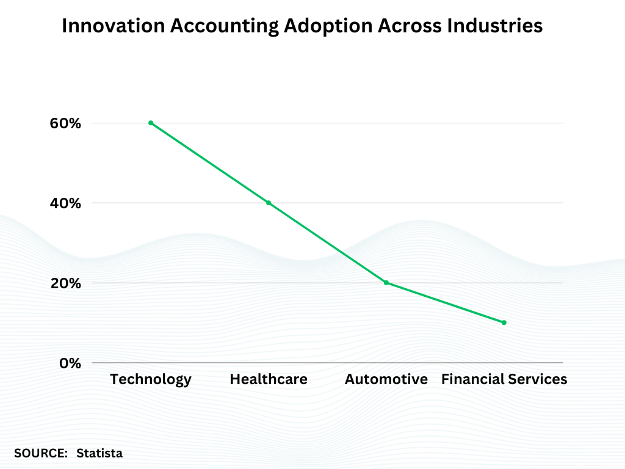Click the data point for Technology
coord(151,123)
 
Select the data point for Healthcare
coord(269,203)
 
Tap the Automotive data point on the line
coord(386,283)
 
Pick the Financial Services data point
coord(504,322)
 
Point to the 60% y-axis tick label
coord(65,123)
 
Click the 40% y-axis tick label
coord(65,203)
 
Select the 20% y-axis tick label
coord(65,283)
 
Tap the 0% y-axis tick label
coord(70,363)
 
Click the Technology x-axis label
coord(151,379)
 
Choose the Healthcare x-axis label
coord(269,379)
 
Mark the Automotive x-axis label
coord(386,379)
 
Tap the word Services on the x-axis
coord(536,379)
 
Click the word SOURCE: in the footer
coord(41,453)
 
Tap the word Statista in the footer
coord(99,453)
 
